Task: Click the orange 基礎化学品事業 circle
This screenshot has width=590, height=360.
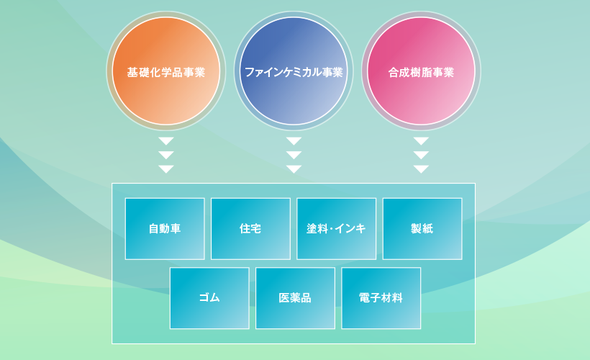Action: (x=166, y=71)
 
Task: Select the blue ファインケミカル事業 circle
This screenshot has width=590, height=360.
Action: (x=294, y=71)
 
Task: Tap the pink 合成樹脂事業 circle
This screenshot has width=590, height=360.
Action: (x=421, y=71)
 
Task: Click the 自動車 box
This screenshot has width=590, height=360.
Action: (x=165, y=228)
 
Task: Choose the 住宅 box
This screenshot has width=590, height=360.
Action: (x=250, y=228)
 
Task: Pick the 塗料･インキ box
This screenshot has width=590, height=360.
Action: (x=337, y=228)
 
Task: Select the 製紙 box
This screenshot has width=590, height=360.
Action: (x=422, y=228)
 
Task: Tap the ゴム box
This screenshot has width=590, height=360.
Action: (x=209, y=298)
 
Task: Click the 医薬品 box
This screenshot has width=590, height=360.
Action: (x=296, y=298)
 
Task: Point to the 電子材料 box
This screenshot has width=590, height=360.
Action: (x=381, y=298)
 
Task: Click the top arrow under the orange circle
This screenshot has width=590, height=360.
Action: (x=166, y=141)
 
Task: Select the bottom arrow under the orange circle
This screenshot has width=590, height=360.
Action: (x=166, y=169)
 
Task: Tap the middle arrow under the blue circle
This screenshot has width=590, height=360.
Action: (x=294, y=155)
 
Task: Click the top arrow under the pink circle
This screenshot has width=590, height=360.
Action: (x=421, y=141)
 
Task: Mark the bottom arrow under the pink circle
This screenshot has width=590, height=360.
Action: (x=421, y=169)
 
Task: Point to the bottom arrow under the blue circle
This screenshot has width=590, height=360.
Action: (x=294, y=169)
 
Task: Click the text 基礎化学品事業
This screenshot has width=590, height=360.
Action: (x=166, y=72)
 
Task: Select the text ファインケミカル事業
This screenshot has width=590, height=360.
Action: (x=294, y=72)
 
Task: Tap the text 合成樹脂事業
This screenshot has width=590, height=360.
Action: (x=421, y=72)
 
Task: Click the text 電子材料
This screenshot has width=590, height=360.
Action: (x=381, y=298)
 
